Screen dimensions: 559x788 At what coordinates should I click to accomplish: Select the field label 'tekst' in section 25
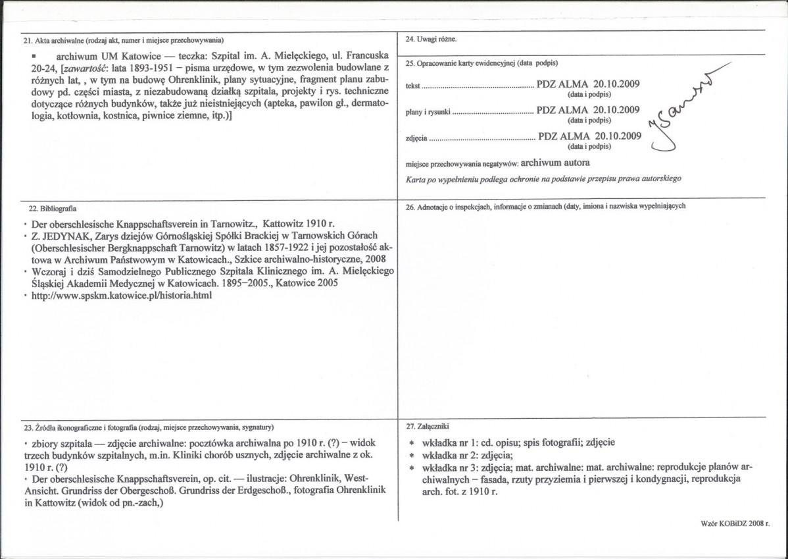pyautogui.click(x=413, y=86)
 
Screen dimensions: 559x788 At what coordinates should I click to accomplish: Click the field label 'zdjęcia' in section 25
pyautogui.click(x=417, y=138)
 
